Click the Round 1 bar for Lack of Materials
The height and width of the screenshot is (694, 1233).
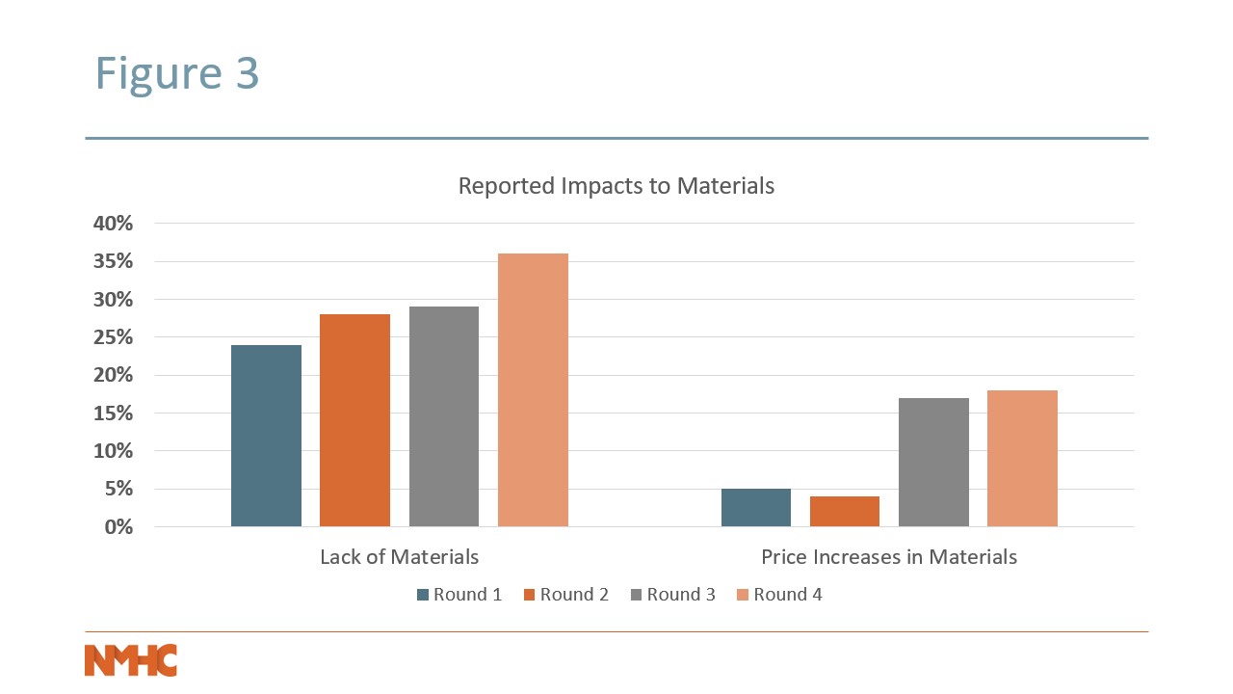[x=266, y=436]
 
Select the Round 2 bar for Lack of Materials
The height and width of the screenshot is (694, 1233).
[x=354, y=420]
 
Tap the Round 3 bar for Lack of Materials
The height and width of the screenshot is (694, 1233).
[x=443, y=416]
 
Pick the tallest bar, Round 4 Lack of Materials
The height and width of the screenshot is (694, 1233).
[x=533, y=389]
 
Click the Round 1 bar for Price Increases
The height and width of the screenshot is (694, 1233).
[x=756, y=507]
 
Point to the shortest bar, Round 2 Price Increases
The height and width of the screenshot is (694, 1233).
[x=845, y=511]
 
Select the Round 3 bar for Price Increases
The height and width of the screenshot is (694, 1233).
[x=933, y=462]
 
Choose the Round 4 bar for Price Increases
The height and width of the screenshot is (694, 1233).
[x=1022, y=458]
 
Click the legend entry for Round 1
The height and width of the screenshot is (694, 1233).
[x=459, y=595]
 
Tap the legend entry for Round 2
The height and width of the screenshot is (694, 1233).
[x=566, y=595]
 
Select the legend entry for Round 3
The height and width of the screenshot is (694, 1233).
[x=672, y=595]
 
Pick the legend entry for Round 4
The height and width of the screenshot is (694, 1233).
[x=779, y=595]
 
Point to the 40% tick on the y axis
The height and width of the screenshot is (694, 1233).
[x=113, y=224]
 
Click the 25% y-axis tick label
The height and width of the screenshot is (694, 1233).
[x=113, y=337]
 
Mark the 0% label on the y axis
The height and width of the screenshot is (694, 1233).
[x=119, y=527]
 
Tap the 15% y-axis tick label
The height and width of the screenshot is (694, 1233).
[x=113, y=414]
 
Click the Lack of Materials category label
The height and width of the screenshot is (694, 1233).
[x=399, y=557]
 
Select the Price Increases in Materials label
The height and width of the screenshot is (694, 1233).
[x=888, y=557]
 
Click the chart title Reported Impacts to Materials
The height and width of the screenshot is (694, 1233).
[x=616, y=186]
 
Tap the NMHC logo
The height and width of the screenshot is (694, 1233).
[x=131, y=660]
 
